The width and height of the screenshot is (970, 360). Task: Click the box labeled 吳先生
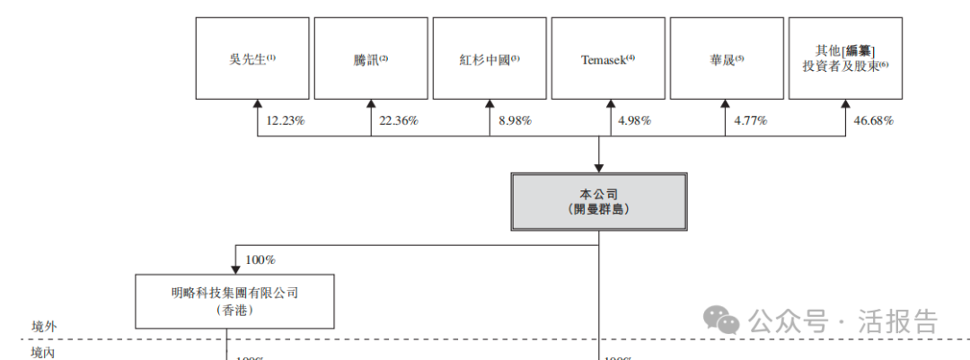pos(252,58)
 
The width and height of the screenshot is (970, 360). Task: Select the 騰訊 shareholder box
pos(371,58)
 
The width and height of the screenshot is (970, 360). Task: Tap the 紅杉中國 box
pos(489,58)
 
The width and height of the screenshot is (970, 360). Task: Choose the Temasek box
pos(607,58)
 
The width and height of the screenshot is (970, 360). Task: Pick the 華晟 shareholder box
pos(726,58)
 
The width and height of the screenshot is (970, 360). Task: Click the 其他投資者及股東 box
pos(844,58)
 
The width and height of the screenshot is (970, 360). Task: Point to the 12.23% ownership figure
pos(286,120)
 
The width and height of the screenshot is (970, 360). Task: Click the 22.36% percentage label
pos(399,120)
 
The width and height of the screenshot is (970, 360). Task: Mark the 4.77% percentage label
pos(750,120)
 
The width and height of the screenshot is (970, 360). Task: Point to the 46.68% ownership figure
pos(873,120)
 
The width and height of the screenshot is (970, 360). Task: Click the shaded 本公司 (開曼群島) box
pos(598,201)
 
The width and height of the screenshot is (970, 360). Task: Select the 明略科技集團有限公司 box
pos(234,301)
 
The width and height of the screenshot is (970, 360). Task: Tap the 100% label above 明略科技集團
pos(260,259)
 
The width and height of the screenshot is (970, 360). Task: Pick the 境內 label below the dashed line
pos(43,353)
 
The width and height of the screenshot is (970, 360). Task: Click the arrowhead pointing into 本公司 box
pos(598,166)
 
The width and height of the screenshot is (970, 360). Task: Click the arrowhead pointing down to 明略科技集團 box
pos(235,267)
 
